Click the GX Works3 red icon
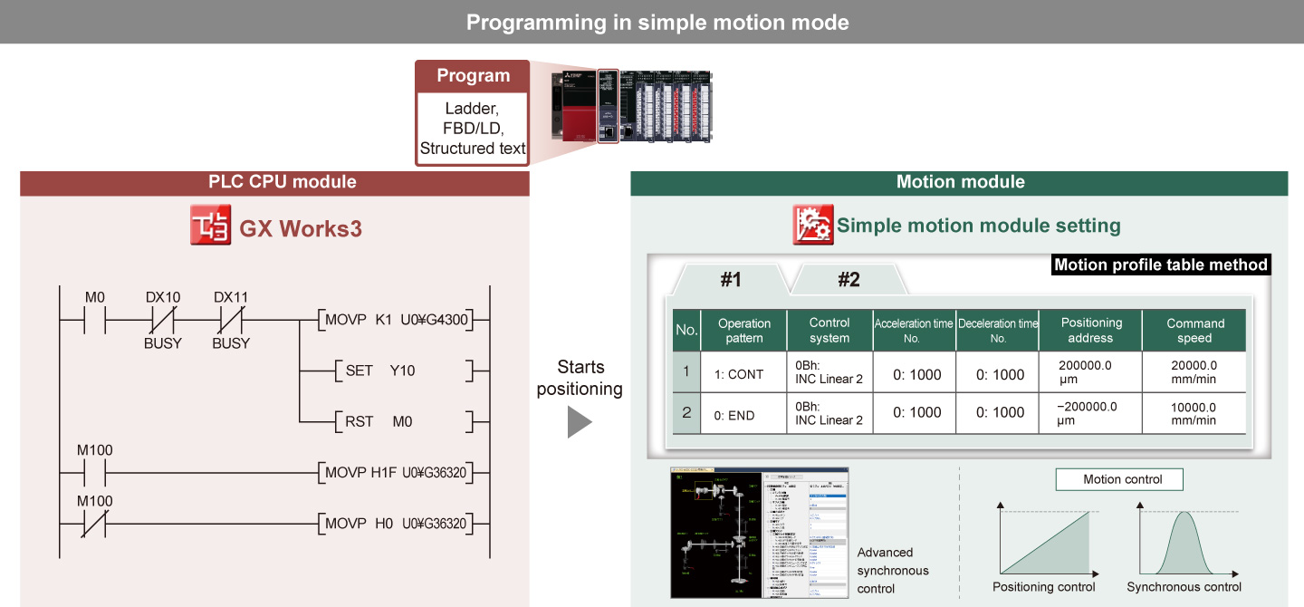click(x=211, y=226)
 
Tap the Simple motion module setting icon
click(x=812, y=226)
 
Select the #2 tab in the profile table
click(x=849, y=280)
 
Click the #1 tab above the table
click(x=731, y=280)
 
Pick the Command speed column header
click(x=1194, y=331)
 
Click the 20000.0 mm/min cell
click(x=1194, y=372)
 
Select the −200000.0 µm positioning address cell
click(x=1090, y=414)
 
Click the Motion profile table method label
click(x=1161, y=265)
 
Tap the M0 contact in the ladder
click(x=95, y=320)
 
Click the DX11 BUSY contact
click(x=231, y=320)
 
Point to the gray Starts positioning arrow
click(x=580, y=422)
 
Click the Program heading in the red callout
click(x=473, y=76)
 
